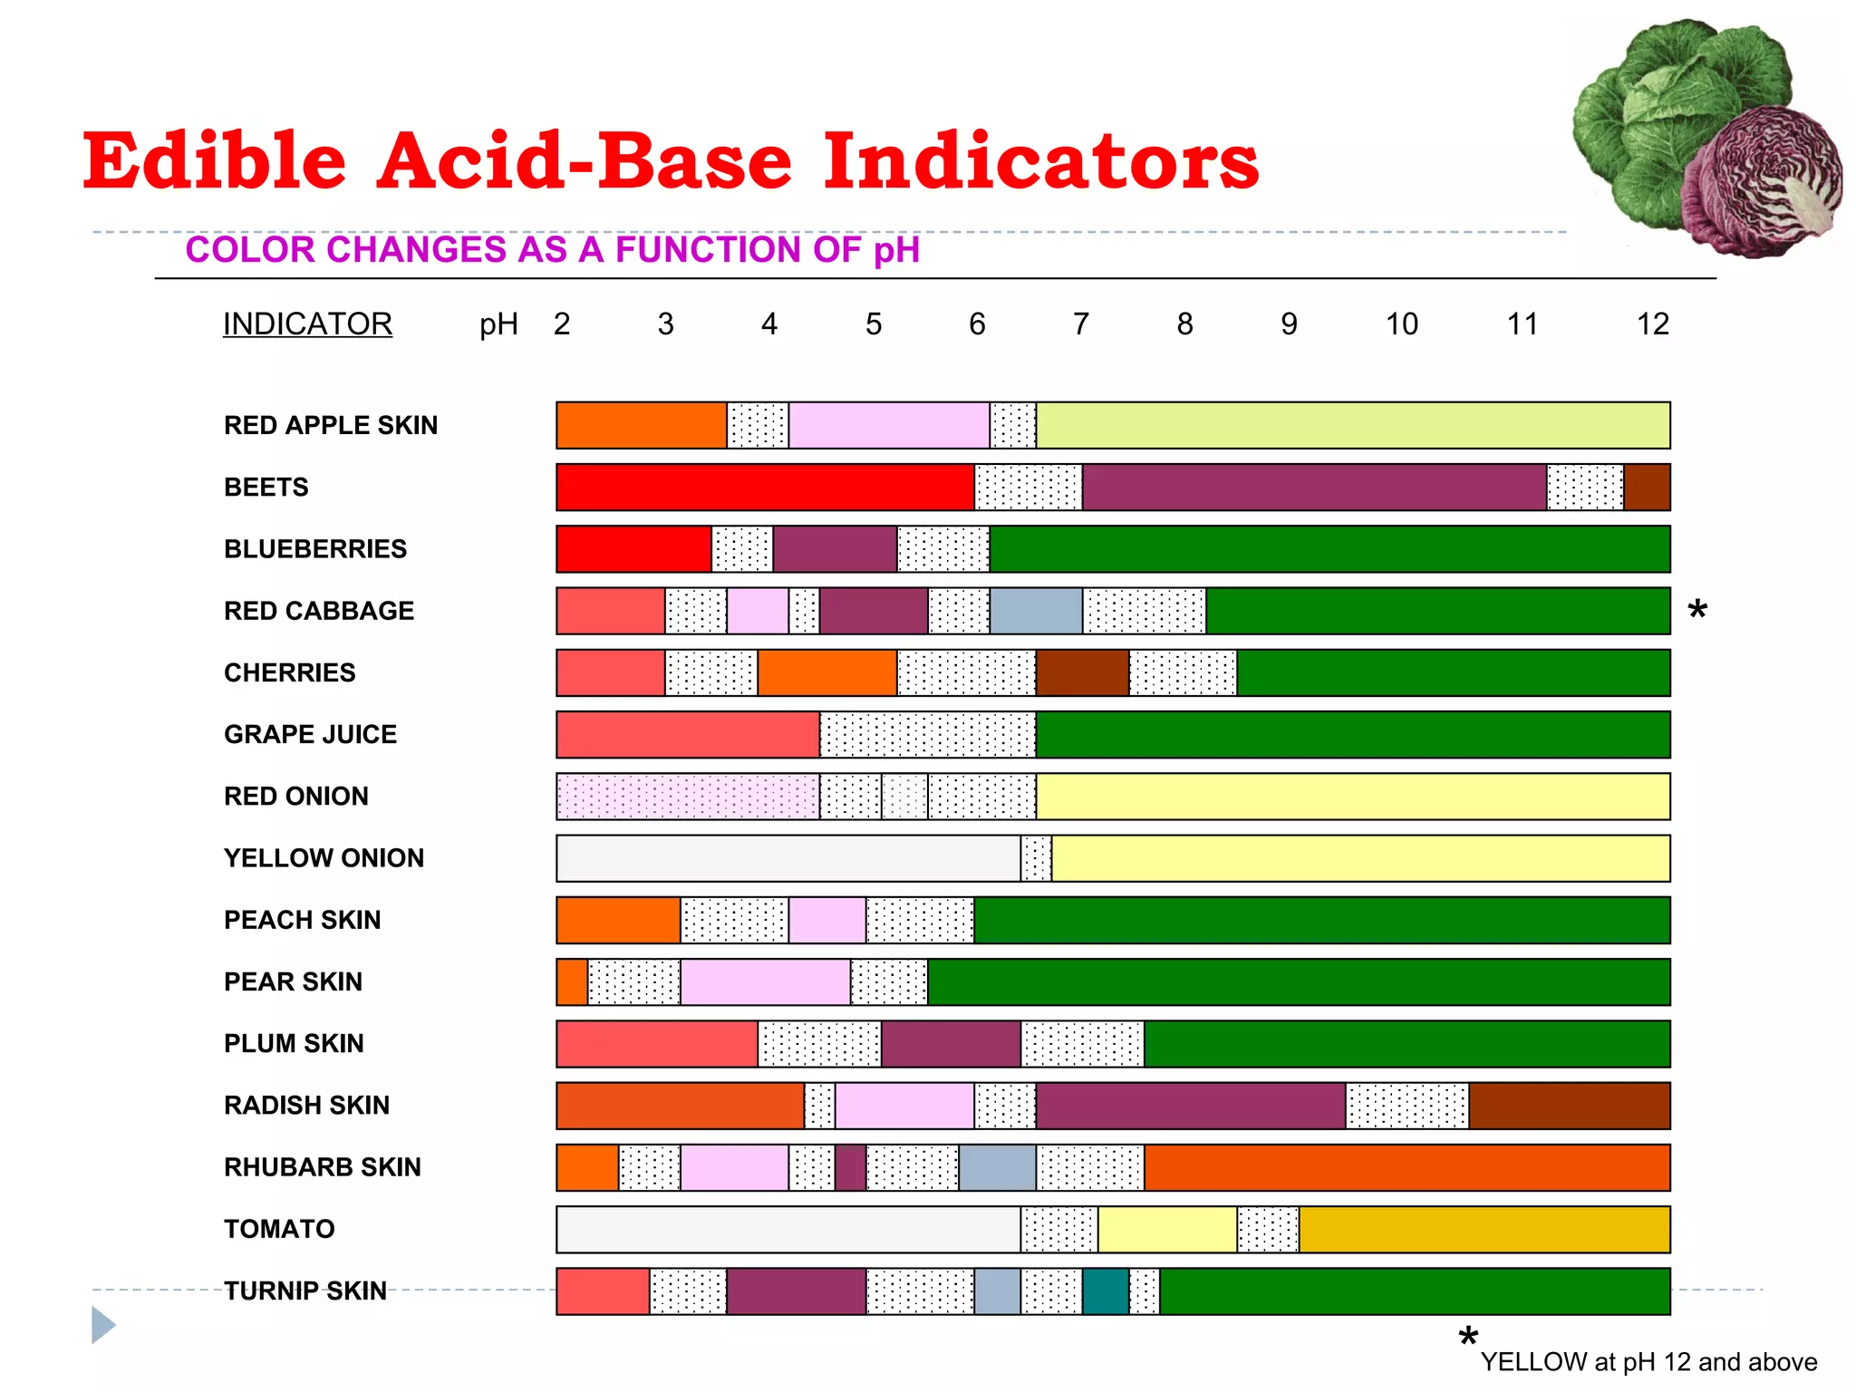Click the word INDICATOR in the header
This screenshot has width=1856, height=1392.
pos(307,324)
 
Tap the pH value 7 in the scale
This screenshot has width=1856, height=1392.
pos(1080,324)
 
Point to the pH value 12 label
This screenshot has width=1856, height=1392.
pos(1652,324)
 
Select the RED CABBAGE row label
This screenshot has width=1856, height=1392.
pos(319,611)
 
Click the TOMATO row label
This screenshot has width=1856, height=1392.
pos(279,1229)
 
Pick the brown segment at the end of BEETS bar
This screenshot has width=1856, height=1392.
pos(1647,488)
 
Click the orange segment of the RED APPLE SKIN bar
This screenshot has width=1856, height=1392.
pos(641,426)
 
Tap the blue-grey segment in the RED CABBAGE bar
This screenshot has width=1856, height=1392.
pos(1036,611)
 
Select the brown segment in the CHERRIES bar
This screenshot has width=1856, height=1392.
pos(1082,672)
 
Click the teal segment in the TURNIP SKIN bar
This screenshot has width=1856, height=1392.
pos(1106,1291)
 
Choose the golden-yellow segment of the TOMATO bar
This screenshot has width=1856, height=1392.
pos(1484,1230)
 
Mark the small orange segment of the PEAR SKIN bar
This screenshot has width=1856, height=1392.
pos(572,982)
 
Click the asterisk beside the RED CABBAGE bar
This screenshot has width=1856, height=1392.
pos(1697,611)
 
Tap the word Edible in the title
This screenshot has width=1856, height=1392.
pos(215,160)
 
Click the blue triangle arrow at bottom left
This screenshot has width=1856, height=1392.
pos(103,1325)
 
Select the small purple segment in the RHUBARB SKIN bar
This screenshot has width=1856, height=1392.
pos(850,1168)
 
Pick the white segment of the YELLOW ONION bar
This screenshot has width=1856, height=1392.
pos(788,858)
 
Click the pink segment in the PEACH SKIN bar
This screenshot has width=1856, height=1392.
pos(826,921)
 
